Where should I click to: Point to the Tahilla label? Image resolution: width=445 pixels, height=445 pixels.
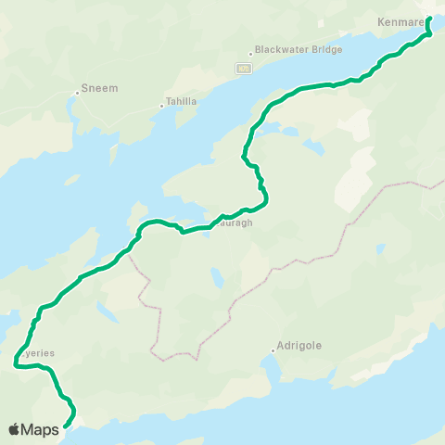click(181, 101)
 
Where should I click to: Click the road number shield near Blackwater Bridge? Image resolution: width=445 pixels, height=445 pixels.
click(243, 69)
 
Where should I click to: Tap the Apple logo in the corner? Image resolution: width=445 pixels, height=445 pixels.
click(15, 429)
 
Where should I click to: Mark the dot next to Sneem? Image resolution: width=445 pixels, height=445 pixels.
click(77, 92)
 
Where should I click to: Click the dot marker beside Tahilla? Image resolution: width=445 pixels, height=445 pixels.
click(161, 106)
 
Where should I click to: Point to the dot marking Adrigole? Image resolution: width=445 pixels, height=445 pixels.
click(274, 350)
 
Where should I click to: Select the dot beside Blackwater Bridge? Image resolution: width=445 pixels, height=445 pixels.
click(250, 54)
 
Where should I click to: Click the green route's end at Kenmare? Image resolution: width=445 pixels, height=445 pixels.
click(429, 19)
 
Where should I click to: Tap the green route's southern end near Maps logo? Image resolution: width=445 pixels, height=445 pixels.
click(65, 426)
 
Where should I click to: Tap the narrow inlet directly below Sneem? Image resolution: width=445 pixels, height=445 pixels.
click(71, 116)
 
